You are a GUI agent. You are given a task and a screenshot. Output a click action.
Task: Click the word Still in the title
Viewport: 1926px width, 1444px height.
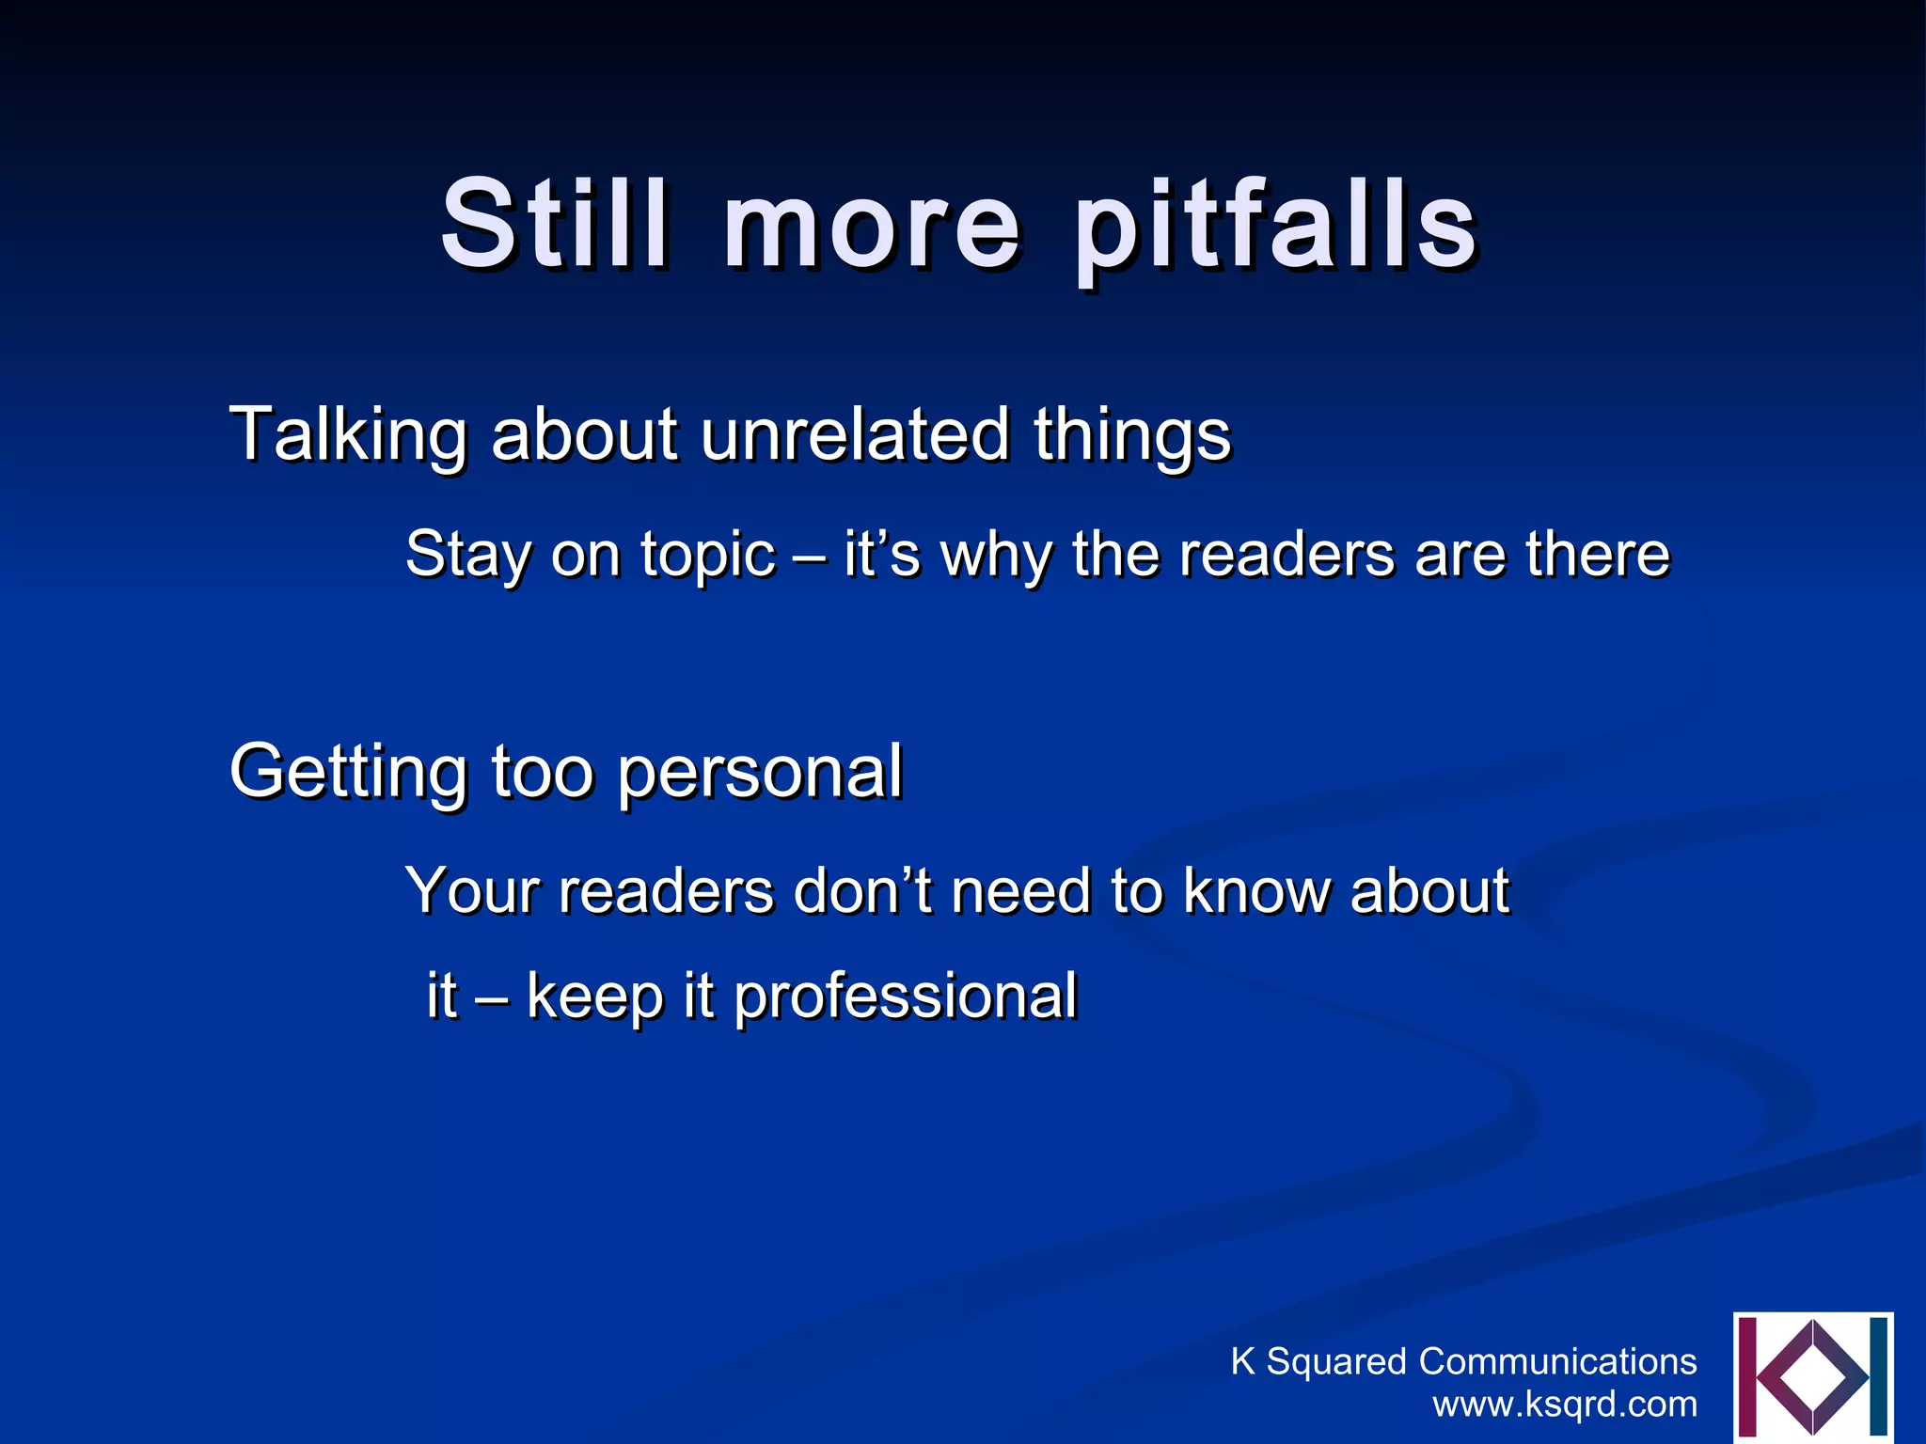point(556,225)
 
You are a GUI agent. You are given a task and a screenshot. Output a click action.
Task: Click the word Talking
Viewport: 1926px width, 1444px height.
point(348,435)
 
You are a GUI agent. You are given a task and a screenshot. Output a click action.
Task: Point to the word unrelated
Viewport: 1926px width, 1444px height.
point(855,434)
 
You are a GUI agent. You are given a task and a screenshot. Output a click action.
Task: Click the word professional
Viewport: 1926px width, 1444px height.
point(905,998)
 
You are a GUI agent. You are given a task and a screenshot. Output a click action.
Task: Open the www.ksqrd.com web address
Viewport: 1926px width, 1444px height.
point(1565,1405)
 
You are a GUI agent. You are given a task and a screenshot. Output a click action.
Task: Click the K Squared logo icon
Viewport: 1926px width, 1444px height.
point(1812,1378)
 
